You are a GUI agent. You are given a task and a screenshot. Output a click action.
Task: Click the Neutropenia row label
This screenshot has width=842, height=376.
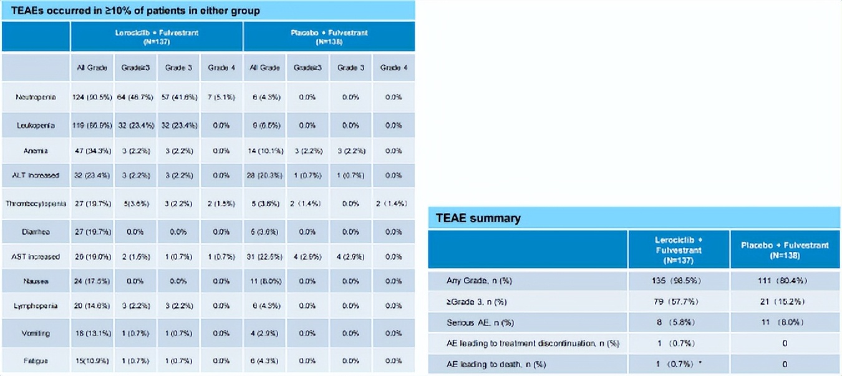(x=36, y=97)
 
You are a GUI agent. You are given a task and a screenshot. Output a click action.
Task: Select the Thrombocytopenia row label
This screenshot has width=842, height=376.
(x=36, y=204)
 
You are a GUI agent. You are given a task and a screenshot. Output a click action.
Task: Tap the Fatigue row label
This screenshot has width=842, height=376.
(x=36, y=360)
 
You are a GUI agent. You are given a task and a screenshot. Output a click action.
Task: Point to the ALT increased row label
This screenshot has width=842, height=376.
(x=36, y=176)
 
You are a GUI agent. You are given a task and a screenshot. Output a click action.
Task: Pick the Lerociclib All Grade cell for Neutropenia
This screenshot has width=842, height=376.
(x=92, y=97)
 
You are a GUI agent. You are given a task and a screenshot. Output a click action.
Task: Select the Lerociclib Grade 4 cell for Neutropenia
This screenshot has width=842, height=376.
(x=222, y=97)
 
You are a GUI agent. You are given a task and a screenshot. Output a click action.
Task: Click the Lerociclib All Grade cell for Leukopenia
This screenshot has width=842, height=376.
(x=92, y=126)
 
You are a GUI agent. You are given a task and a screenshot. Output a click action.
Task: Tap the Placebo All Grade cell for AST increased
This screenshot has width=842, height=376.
(x=264, y=257)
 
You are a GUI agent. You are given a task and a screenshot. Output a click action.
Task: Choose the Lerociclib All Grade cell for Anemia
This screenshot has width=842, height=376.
(x=92, y=151)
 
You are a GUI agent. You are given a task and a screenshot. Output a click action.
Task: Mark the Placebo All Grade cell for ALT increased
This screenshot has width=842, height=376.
(x=264, y=176)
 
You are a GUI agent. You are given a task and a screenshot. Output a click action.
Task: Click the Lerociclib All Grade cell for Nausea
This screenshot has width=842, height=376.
(x=92, y=282)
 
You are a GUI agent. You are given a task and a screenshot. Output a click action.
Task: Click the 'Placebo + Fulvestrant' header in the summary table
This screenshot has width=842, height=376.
(x=785, y=250)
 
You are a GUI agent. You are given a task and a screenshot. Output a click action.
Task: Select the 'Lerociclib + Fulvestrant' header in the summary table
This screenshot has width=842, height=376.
(x=679, y=250)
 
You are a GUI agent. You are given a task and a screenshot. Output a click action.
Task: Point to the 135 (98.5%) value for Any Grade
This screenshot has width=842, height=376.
(x=679, y=281)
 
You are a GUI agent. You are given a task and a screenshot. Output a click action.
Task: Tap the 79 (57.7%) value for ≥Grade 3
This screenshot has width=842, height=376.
(x=679, y=302)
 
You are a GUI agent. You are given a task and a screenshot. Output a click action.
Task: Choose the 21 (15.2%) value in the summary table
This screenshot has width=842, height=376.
(x=785, y=302)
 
